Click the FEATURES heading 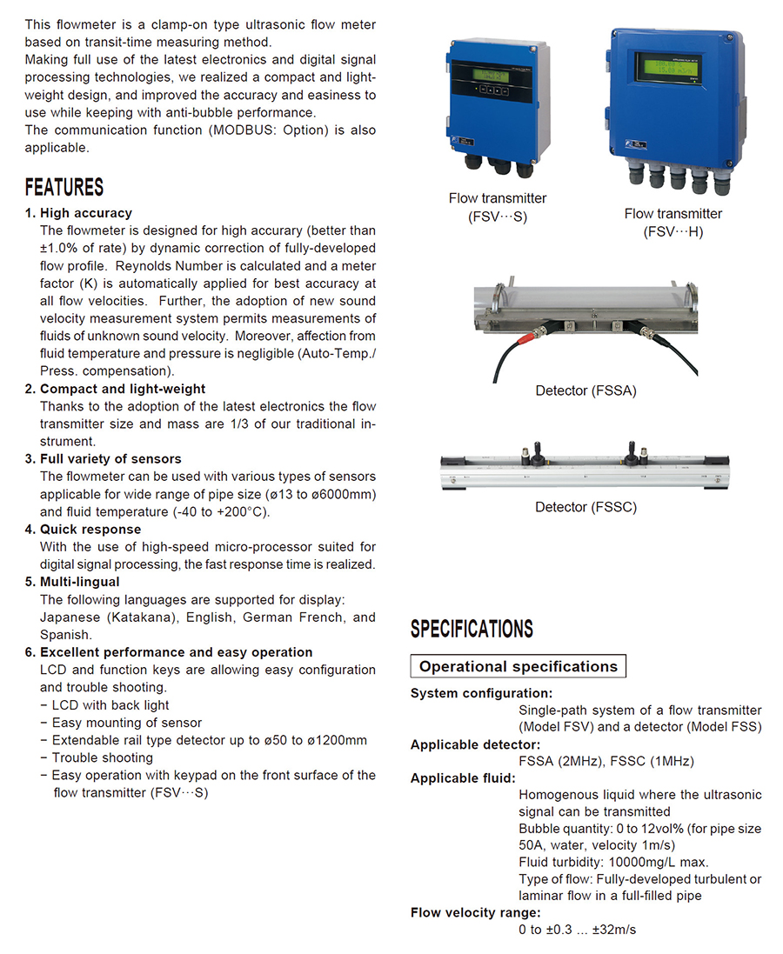pos(64,187)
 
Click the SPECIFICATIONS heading pos(472,629)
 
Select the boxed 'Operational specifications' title pos(518,667)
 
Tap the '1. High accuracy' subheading pos(78,213)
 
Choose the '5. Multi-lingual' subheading pos(72,582)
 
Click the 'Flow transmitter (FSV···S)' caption pos(498,208)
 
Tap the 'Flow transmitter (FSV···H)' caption pos(673,223)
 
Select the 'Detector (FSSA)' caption pos(586,391)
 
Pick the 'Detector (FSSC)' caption pos(586,507)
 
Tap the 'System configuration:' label pos(481,693)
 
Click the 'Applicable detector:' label pos(475,744)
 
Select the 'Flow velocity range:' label pos(475,912)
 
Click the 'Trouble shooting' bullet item pos(102,757)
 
